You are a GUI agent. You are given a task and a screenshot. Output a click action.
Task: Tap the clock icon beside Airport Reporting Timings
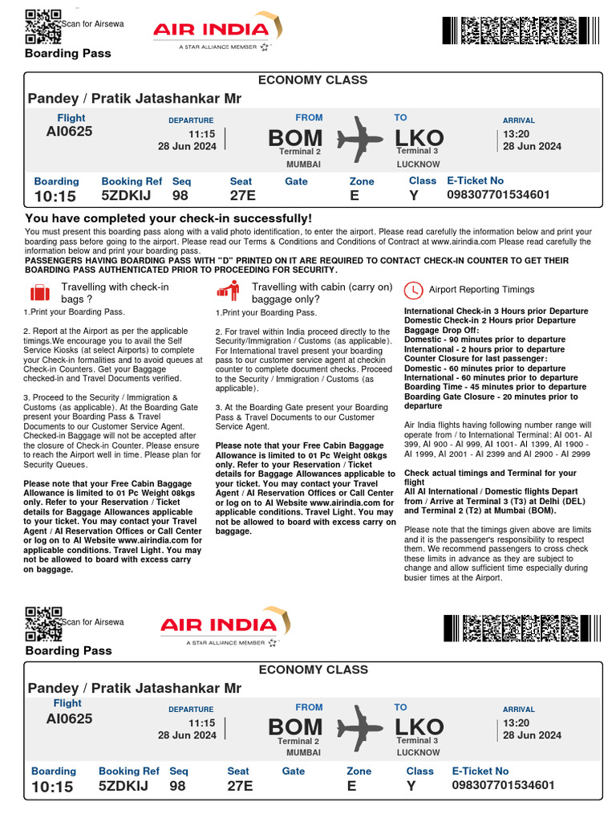413,291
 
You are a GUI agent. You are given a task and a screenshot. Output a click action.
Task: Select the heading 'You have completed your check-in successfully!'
168,218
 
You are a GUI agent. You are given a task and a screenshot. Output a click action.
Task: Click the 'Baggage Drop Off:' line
441,330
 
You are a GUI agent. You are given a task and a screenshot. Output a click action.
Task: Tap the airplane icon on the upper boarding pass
360,138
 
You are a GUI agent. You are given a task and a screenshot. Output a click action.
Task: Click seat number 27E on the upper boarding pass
242,195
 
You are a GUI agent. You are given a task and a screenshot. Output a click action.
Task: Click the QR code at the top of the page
43,26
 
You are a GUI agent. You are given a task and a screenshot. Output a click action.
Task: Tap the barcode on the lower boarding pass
519,628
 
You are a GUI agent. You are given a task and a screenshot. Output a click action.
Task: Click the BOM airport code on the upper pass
295,138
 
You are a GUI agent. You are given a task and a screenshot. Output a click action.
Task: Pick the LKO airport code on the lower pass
419,727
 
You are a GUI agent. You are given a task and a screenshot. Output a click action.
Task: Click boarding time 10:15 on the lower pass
54,787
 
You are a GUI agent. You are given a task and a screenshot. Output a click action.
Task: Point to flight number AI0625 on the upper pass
69,131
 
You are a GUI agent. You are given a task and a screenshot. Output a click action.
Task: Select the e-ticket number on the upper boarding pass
497,195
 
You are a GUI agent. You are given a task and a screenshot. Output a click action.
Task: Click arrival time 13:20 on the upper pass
517,135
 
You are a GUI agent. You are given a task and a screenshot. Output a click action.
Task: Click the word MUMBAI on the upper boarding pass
303,164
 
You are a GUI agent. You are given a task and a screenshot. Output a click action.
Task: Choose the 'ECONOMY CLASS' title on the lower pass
313,669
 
